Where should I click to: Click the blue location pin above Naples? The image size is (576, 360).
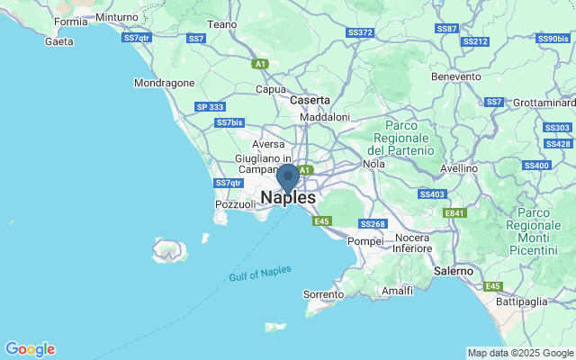287,176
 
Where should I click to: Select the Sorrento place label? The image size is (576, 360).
324,294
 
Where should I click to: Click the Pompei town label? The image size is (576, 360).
365,241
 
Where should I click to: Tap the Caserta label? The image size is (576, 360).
310,101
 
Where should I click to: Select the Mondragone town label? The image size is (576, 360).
164,83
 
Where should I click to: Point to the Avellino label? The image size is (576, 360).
458,168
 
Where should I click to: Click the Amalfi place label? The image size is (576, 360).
397,291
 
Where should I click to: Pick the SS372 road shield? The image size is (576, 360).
359,32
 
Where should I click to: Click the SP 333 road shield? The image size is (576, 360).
210,107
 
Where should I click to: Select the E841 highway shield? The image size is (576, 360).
455,212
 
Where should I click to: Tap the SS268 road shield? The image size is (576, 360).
372,223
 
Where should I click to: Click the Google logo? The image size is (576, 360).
30,349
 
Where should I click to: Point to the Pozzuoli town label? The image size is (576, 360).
236,205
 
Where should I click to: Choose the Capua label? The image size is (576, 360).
271,89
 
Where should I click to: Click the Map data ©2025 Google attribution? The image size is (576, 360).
520,353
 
